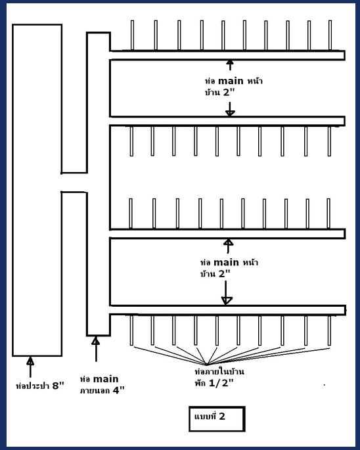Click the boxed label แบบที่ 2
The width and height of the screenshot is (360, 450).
(217, 418)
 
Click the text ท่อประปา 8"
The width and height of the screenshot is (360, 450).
(39, 386)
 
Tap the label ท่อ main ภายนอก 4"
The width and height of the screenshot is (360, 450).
(102, 384)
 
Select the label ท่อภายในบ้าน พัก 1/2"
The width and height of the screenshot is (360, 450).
(219, 377)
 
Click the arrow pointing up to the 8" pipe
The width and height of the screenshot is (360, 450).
(30, 367)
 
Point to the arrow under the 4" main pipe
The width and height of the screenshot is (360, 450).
(96, 349)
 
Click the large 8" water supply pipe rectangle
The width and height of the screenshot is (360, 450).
(37, 191)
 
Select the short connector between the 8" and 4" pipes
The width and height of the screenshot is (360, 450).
(74, 182)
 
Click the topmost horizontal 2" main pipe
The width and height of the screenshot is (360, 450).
(227, 55)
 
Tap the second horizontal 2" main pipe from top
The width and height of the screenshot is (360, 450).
(227, 121)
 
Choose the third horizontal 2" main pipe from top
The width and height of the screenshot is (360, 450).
(227, 234)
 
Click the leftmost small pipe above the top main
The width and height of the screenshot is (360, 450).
(132, 35)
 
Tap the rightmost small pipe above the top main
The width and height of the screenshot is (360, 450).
(330, 35)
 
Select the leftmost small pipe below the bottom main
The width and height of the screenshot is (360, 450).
(131, 330)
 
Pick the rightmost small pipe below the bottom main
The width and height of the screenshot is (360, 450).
(329, 330)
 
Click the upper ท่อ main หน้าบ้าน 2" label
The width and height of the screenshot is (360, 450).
(233, 86)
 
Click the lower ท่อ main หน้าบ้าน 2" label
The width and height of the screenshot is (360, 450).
(229, 268)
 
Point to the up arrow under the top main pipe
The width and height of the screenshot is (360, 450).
(230, 65)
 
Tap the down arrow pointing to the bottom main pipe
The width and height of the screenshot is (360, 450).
(226, 292)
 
